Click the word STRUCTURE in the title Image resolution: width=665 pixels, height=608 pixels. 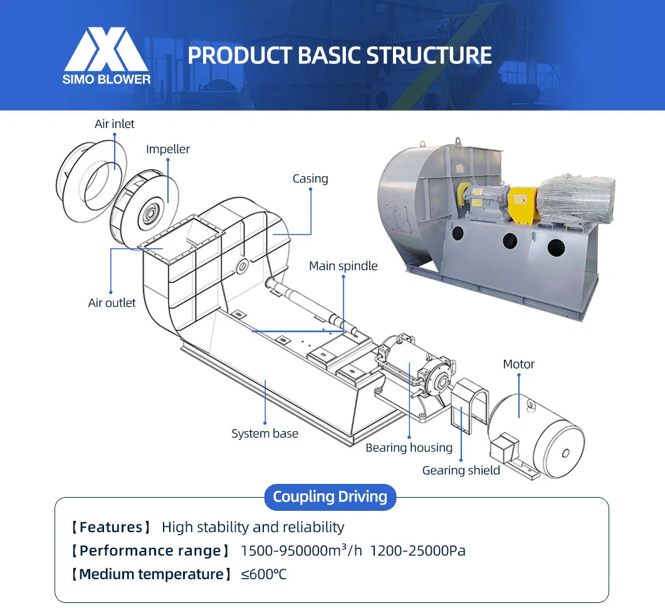[x=429, y=55]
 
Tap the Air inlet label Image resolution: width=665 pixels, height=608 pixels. [x=115, y=124]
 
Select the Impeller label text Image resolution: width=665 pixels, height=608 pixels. [x=168, y=149]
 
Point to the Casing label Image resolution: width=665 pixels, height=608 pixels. [x=310, y=179]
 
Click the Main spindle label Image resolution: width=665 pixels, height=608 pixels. [x=343, y=266]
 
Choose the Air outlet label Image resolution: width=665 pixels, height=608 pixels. [x=112, y=303]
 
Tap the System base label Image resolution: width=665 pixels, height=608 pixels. [x=264, y=433]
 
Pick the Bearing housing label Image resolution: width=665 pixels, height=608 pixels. [x=409, y=448]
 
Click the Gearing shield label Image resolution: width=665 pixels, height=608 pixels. [x=461, y=470]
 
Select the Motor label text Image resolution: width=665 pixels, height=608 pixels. [x=518, y=364]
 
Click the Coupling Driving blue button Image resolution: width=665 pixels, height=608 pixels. [x=330, y=497]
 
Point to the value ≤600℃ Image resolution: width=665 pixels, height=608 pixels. [x=264, y=574]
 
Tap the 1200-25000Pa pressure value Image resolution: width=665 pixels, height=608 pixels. [x=417, y=551]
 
